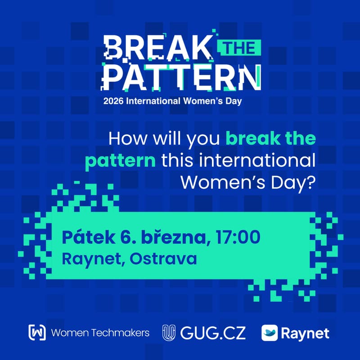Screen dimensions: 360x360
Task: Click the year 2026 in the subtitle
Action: point(114,101)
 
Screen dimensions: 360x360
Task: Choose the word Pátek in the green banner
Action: point(82,237)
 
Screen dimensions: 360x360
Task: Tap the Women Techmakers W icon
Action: point(37,333)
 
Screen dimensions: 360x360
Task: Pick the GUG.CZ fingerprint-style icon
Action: point(168,333)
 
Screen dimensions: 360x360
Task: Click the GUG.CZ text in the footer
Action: point(213,333)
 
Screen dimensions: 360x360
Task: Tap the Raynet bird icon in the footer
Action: point(269,333)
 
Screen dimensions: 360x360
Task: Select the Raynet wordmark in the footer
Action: point(305,333)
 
